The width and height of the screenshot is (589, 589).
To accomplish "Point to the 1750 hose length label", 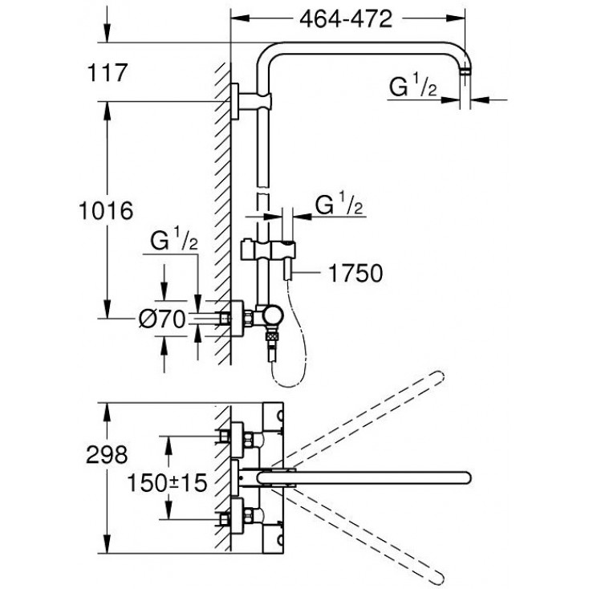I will click(x=354, y=274).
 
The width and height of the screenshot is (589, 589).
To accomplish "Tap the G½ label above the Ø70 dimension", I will click(x=172, y=241).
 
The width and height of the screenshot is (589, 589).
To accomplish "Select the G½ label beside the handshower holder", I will click(x=341, y=206).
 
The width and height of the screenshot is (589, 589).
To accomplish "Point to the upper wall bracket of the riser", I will click(x=238, y=101).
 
